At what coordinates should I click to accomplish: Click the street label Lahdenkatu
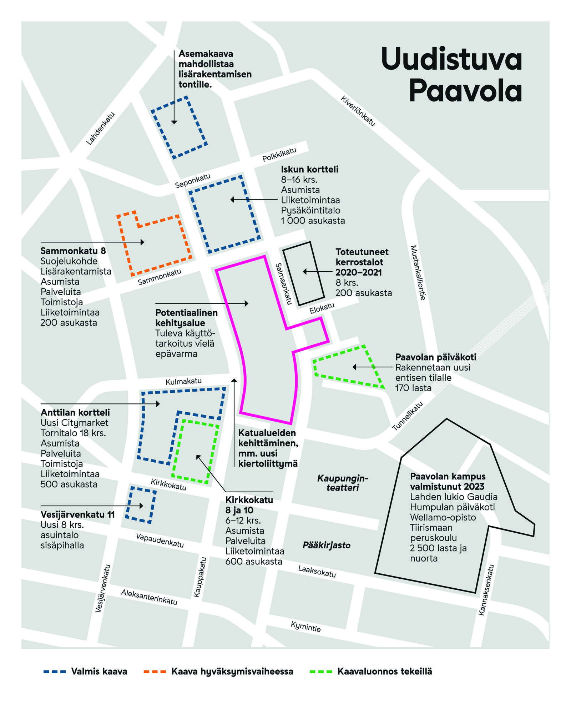tap(101, 129)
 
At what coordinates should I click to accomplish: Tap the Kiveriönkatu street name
tap(358, 111)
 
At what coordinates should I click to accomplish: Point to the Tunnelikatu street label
tap(407, 416)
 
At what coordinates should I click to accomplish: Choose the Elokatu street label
tap(322, 308)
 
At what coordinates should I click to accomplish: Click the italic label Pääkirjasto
tap(327, 545)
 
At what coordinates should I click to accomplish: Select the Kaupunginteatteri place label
tap(342, 483)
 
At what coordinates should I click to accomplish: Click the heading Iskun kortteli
tap(309, 169)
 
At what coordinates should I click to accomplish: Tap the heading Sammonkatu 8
tap(73, 251)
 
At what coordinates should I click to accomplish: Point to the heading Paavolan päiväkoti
tap(435, 357)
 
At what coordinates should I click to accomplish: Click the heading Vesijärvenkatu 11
tap(77, 514)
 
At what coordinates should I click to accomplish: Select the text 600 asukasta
tap(254, 562)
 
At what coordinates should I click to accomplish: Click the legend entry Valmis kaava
tap(99, 671)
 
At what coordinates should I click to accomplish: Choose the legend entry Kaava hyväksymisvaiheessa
tap(232, 671)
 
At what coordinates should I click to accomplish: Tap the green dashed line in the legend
tap(321, 672)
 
